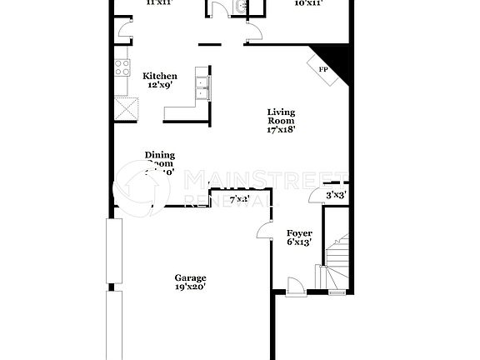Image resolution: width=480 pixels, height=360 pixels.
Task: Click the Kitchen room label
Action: [159, 76]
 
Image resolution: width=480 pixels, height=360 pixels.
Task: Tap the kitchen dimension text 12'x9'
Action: [159, 85]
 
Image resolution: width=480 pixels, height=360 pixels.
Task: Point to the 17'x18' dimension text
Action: [281, 129]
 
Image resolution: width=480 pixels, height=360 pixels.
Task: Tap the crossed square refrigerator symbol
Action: [127, 108]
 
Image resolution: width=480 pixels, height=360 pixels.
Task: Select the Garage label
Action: [190, 277]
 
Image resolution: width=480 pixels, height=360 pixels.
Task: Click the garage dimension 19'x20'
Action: [190, 287]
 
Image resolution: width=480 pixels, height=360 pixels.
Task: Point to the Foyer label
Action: [299, 233]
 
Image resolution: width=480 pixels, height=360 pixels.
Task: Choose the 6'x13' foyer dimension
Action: [299, 242]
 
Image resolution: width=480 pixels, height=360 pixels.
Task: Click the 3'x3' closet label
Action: [337, 195]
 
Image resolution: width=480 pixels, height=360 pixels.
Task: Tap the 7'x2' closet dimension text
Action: [239, 199]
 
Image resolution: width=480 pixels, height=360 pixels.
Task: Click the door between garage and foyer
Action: [266, 232]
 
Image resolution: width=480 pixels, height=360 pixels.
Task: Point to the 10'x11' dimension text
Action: [309, 3]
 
